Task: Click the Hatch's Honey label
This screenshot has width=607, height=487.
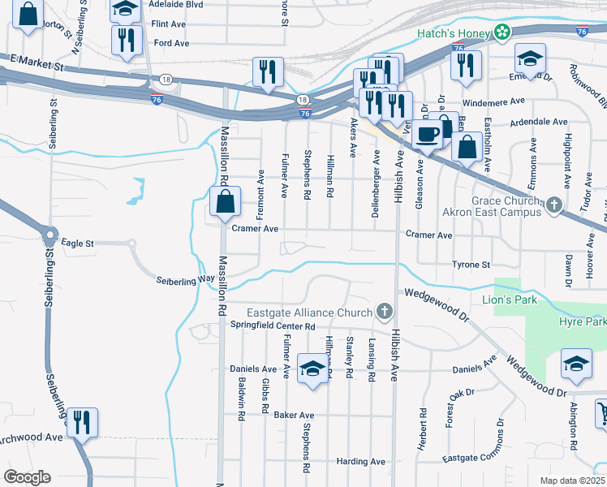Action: tap(454, 32)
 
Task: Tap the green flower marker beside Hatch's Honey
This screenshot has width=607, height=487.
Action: tap(503, 32)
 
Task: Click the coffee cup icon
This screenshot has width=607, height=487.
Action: tap(426, 134)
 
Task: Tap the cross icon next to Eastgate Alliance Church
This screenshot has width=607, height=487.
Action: tap(385, 312)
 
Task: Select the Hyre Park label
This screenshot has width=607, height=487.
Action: tap(582, 322)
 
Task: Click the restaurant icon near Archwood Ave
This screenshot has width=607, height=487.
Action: tap(82, 422)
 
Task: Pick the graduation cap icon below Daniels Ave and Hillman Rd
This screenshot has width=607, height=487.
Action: tap(312, 368)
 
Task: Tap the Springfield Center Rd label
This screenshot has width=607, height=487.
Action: tap(273, 325)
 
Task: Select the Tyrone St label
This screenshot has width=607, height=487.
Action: tap(471, 265)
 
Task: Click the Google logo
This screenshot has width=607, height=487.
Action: tap(28, 477)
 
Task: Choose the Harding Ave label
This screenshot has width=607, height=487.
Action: tap(361, 462)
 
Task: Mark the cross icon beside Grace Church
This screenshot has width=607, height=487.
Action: tap(554, 204)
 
